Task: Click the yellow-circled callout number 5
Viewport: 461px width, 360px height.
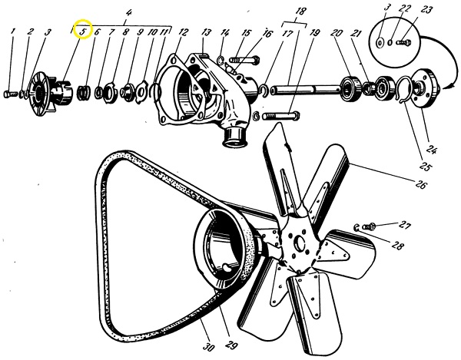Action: tap(81, 31)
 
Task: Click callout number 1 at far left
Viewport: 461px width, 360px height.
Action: tap(12, 32)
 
